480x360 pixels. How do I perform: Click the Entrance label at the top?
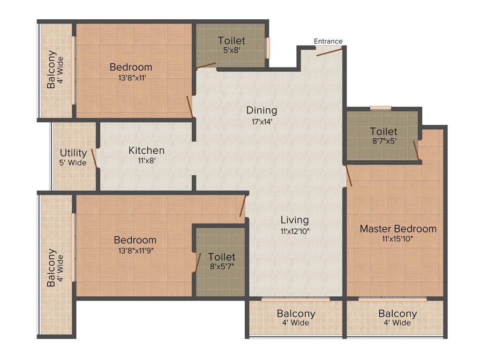click(x=328, y=41)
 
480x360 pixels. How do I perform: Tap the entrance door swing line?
click(x=329, y=51)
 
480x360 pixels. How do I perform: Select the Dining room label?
click(x=262, y=111)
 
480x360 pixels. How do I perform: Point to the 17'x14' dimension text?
click(x=262, y=121)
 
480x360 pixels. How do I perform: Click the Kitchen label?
click(x=147, y=150)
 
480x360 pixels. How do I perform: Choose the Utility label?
click(x=73, y=153)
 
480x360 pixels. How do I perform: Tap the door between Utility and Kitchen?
click(x=94, y=158)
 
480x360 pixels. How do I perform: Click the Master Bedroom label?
click(x=398, y=229)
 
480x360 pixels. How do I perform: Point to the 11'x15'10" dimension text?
click(x=398, y=239)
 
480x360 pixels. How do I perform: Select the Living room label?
click(x=295, y=219)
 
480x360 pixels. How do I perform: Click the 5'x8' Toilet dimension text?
click(x=232, y=51)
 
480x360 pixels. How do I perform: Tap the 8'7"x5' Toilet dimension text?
click(x=383, y=141)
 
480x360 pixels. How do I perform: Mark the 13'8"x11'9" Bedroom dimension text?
click(x=135, y=250)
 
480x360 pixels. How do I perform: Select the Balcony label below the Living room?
click(x=296, y=314)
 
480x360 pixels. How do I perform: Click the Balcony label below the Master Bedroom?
click(x=397, y=314)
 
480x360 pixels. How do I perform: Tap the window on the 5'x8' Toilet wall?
click(x=268, y=47)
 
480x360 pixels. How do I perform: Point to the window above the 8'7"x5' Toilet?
click(x=380, y=108)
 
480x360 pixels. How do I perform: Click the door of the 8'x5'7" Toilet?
click(x=198, y=262)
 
